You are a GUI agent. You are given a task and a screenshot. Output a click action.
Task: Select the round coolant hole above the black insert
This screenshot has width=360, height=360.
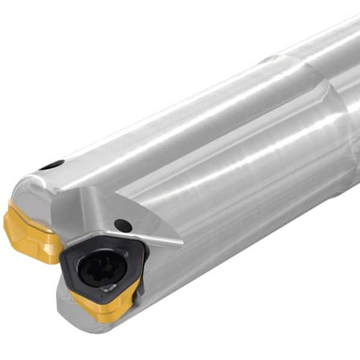click(x=123, y=226)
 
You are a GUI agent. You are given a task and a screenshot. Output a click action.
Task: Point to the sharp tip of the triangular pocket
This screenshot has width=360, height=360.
click(x=181, y=243)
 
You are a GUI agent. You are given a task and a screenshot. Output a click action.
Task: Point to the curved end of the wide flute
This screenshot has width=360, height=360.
click(x=327, y=90)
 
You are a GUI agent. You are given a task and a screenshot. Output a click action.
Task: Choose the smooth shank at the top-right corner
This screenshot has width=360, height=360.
click(x=342, y=36)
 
